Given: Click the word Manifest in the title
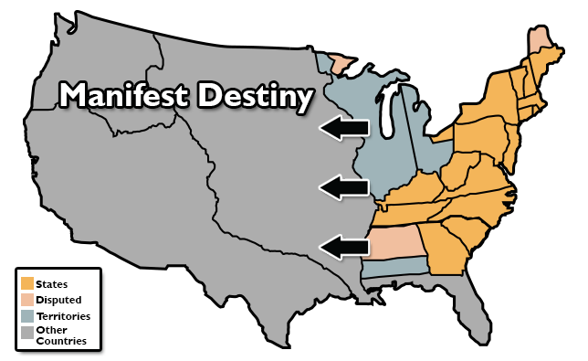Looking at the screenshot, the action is click(x=123, y=96).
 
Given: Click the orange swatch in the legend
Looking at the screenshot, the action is click(x=28, y=284).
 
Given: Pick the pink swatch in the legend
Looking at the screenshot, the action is click(x=28, y=300).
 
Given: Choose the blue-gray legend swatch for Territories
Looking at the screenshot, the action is click(x=28, y=315).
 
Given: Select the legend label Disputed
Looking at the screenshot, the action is click(x=58, y=300).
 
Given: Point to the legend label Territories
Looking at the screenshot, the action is click(x=63, y=315).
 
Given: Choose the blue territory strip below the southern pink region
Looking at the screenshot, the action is click(x=397, y=266).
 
